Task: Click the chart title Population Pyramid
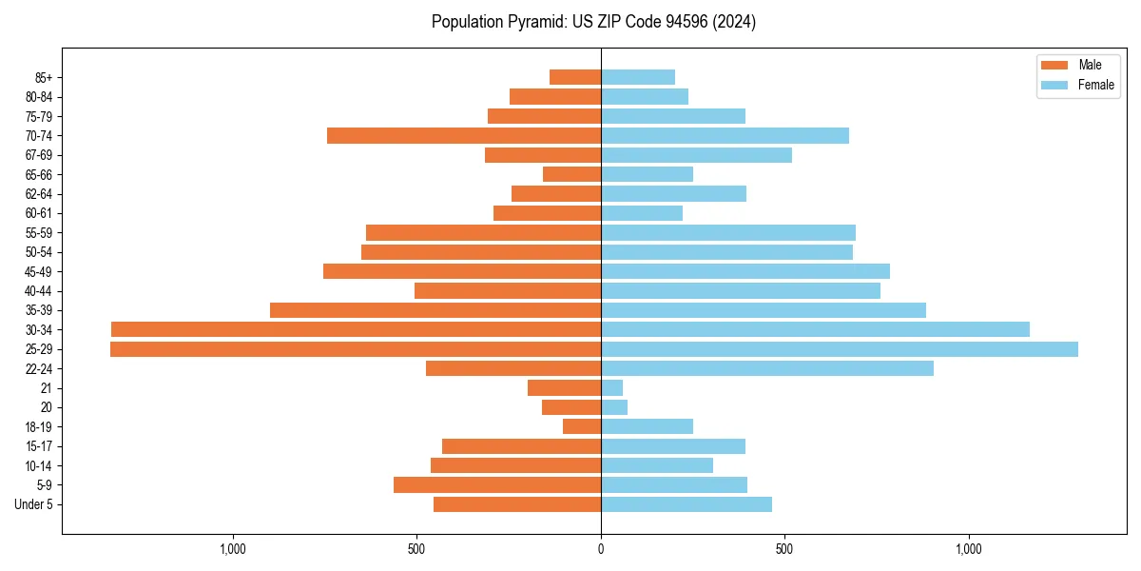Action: tap(593, 22)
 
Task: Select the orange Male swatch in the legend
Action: tap(1054, 65)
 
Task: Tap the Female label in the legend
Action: tap(1095, 85)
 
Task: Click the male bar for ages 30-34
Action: tap(356, 329)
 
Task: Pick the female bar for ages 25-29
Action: tap(839, 349)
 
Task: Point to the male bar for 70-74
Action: tap(464, 135)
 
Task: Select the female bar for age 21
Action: tap(612, 388)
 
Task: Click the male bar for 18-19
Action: tap(582, 426)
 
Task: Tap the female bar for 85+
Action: tap(638, 77)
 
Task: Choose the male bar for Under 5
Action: tap(517, 504)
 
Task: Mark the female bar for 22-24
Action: tap(766, 368)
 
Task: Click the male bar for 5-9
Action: tap(497, 484)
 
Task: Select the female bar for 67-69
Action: tap(696, 155)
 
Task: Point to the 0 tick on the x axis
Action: tap(601, 549)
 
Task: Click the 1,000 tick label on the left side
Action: tap(233, 549)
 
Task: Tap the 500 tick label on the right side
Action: tap(784, 549)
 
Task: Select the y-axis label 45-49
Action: tap(39, 271)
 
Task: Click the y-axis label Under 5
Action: tap(34, 504)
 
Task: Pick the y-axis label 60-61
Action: tap(39, 213)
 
